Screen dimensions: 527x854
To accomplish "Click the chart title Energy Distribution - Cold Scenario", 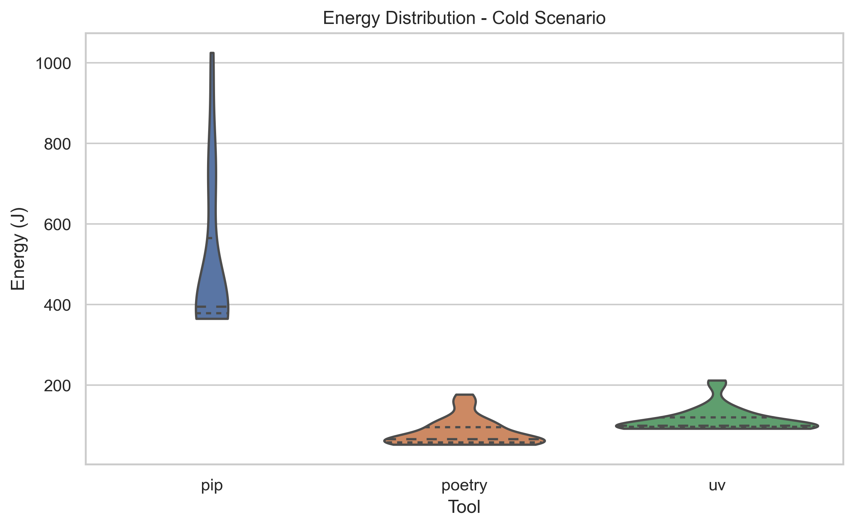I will [464, 18].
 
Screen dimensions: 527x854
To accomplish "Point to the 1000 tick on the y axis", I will [53, 64].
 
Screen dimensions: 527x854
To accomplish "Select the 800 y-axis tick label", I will [57, 144].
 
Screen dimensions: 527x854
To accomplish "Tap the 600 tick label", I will [57, 225].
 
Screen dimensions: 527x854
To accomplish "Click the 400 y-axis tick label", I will [57, 305].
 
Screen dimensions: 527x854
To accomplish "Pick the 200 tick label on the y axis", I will [57, 386].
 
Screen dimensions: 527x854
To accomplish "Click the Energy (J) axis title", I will [18, 249].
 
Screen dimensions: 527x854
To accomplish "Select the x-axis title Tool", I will [464, 507].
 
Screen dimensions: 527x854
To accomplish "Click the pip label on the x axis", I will [212, 485].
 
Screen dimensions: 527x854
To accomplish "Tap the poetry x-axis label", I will [464, 485].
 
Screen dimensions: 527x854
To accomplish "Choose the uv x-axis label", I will [717, 485].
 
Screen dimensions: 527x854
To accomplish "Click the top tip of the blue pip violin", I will [212, 54].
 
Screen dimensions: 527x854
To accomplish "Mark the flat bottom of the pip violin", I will [212, 318].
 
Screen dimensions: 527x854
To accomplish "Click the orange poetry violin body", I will [464, 434].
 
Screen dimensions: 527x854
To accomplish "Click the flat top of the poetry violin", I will [464, 395].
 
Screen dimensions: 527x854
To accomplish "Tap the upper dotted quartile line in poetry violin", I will [464, 427].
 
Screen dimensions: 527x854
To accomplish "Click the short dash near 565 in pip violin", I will [210, 238].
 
